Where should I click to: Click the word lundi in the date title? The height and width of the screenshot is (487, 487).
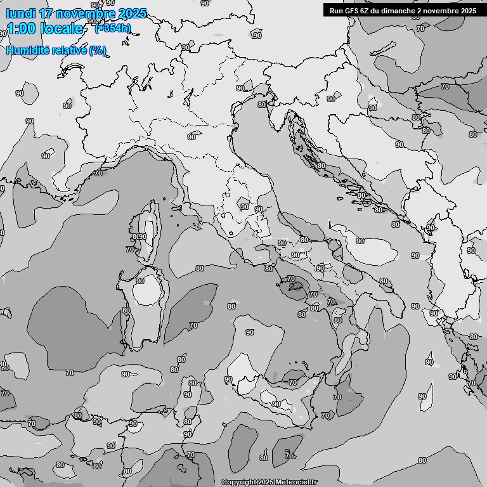[20, 13]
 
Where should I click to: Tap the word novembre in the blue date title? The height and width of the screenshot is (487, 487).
[87, 13]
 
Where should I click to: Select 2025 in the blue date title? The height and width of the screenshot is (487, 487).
[132, 13]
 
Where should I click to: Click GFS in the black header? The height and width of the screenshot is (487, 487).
[352, 10]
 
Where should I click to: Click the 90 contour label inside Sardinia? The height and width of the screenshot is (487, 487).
[140, 281]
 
